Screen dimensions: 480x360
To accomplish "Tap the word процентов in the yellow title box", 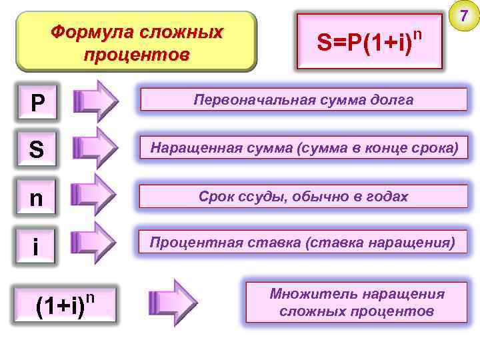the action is click(x=137, y=53).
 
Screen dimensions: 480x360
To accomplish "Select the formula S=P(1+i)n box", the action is click(x=370, y=42).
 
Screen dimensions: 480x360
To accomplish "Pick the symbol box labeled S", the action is click(x=37, y=150).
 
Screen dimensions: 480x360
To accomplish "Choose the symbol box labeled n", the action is click(x=37, y=198).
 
